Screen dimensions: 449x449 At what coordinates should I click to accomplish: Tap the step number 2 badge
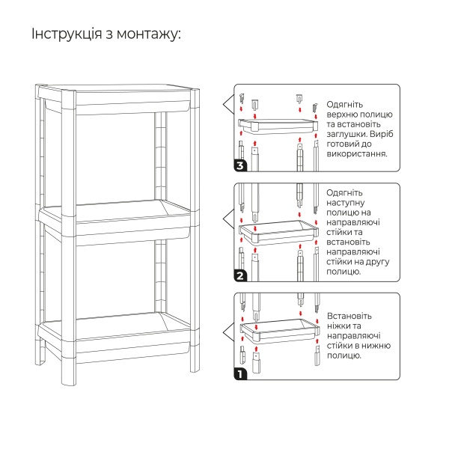(x=240, y=276)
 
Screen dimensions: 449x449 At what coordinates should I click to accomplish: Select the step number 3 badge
(x=240, y=165)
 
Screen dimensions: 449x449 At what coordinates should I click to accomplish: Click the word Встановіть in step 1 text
(x=349, y=317)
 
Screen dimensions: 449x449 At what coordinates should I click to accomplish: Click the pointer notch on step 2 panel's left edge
(x=227, y=217)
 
